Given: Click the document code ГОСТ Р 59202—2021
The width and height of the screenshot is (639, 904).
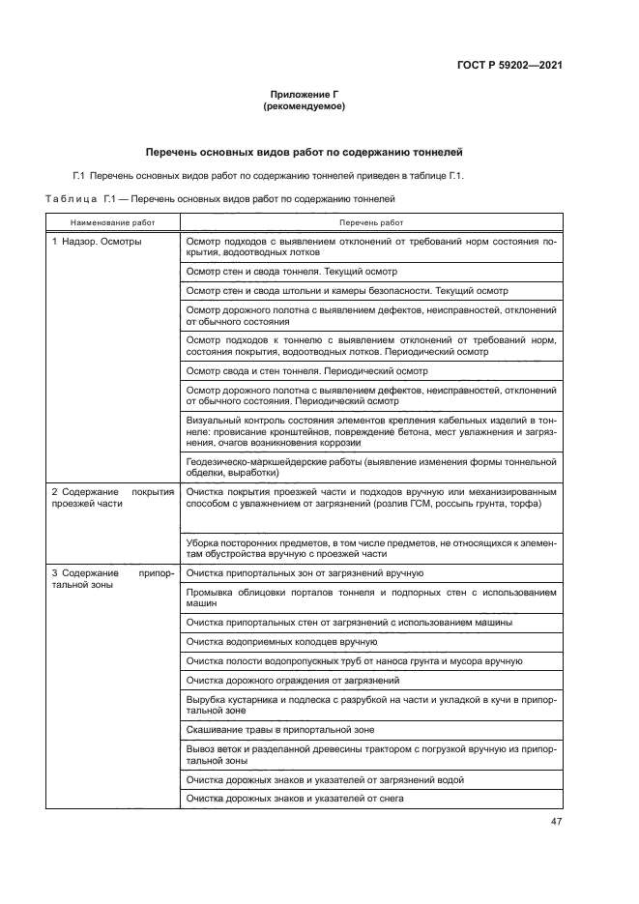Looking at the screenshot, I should [508, 65].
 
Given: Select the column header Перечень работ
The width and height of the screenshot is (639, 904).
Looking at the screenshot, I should [371, 222].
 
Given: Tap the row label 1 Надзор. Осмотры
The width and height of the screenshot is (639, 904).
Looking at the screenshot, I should [97, 241].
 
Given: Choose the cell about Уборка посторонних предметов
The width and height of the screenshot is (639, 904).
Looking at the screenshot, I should [371, 548].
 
